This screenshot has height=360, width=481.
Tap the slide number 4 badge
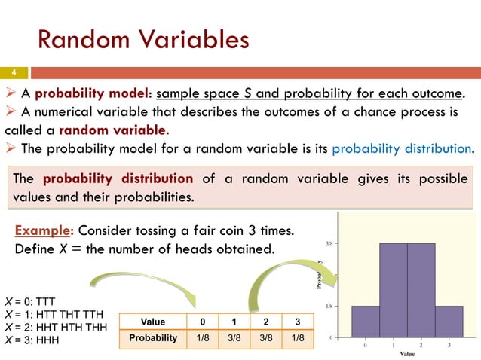pos(13,74)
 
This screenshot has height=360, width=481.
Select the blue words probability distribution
pos(403,147)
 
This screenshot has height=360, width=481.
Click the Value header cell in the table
pos(152,323)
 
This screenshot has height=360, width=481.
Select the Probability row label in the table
pos(152,338)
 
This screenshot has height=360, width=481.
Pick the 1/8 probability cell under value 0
pos(203,338)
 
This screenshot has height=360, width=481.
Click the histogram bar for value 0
pos(366,322)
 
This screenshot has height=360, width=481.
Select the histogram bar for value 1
pos(393,290)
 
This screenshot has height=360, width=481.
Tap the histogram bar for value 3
pos(449,322)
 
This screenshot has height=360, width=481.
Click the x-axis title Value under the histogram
pos(407,353)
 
